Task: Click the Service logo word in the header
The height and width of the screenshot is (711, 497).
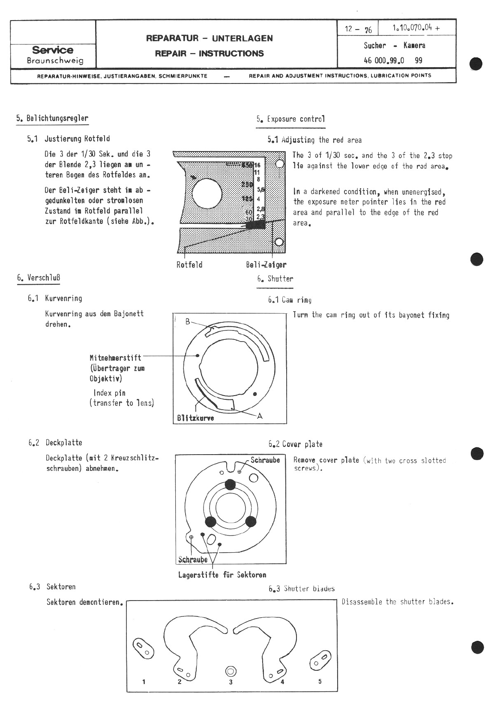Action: click(53, 50)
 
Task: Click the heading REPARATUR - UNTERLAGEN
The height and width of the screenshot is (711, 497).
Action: click(209, 38)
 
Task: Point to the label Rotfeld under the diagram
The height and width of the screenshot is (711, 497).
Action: click(189, 265)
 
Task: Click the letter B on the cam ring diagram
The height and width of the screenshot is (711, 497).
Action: click(187, 321)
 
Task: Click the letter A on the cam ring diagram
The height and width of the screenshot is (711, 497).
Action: click(259, 416)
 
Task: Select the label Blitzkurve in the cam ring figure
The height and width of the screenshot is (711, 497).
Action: click(195, 418)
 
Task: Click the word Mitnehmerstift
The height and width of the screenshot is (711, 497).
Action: click(115, 358)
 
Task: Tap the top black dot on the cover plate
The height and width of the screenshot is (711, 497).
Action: click(231, 484)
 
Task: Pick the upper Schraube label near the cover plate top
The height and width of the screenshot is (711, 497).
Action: click(265, 460)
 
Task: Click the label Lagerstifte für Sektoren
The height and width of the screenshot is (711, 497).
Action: click(222, 575)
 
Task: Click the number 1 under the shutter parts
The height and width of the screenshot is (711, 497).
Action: click(144, 681)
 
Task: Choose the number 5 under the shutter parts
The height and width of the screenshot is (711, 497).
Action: click(320, 681)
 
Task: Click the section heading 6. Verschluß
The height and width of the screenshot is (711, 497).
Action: click(39, 278)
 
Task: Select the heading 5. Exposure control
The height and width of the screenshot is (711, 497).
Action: click(290, 119)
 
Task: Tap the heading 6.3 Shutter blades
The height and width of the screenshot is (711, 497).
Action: click(302, 589)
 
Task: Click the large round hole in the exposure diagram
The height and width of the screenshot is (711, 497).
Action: click(207, 193)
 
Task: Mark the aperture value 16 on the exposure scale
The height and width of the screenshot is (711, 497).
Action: click(257, 165)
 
